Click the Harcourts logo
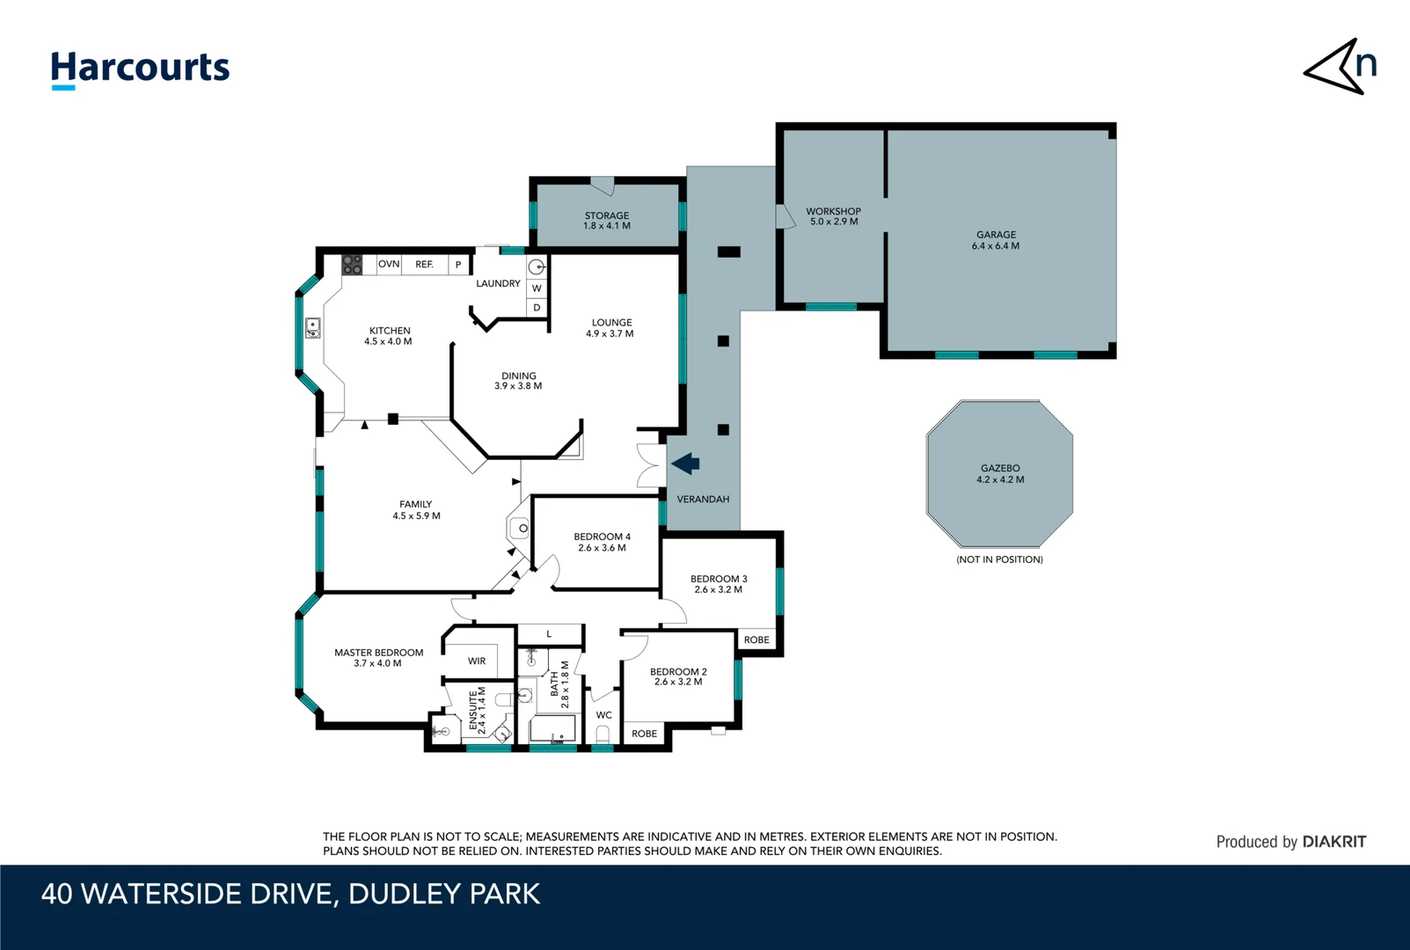pyautogui.click(x=140, y=69)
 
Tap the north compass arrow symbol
pyautogui.click(x=1340, y=67)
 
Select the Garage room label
pyautogui.click(x=996, y=240)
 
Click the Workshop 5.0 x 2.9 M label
pyautogui.click(x=833, y=216)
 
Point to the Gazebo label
pyautogui.click(x=1000, y=474)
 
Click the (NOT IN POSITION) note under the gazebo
pyautogui.click(x=999, y=559)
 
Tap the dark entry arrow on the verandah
pyautogui.click(x=685, y=463)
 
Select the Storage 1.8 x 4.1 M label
pyautogui.click(x=607, y=221)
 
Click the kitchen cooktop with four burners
pyautogui.click(x=352, y=264)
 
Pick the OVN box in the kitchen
pyautogui.click(x=389, y=264)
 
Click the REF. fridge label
pyautogui.click(x=424, y=264)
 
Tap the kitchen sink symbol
pyautogui.click(x=312, y=328)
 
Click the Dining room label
pyautogui.click(x=518, y=381)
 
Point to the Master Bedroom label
pyautogui.click(x=378, y=658)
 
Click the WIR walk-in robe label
pyautogui.click(x=477, y=661)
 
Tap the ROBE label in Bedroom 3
pyautogui.click(x=756, y=639)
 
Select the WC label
pyautogui.click(x=603, y=715)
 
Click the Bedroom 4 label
pyautogui.click(x=602, y=542)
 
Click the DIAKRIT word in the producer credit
pyautogui.click(x=1334, y=842)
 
